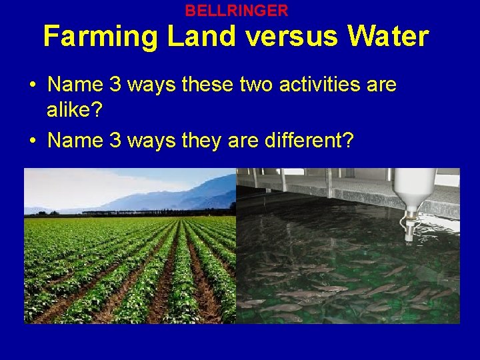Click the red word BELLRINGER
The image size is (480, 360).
(x=237, y=11)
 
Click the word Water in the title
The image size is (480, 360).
(x=387, y=37)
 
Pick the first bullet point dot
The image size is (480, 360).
(x=32, y=85)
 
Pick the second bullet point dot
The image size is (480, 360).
(x=32, y=141)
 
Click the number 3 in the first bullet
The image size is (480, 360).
(x=112, y=85)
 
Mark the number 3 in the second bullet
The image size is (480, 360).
(x=112, y=140)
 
